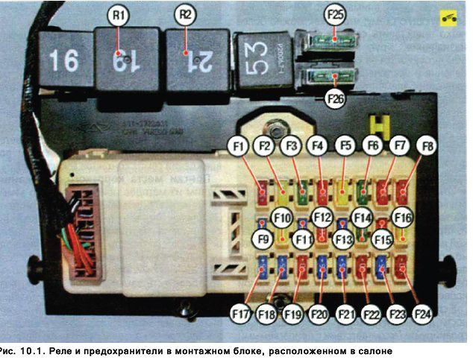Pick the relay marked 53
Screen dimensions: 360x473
click(x=263, y=63)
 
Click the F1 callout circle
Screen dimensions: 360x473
click(x=239, y=148)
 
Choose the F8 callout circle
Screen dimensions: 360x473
click(x=427, y=148)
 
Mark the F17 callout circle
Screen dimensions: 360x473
click(x=241, y=314)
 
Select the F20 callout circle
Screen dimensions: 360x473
click(x=319, y=314)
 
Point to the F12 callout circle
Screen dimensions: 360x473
click(x=322, y=218)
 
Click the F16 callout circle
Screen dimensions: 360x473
click(x=403, y=218)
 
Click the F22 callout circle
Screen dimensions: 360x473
click(x=372, y=314)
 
